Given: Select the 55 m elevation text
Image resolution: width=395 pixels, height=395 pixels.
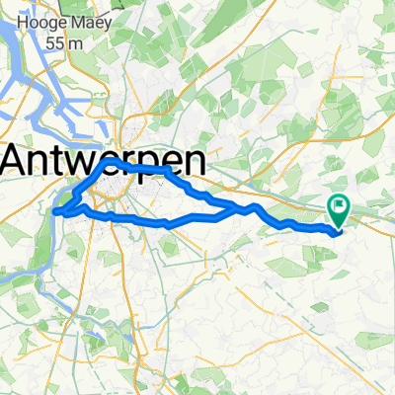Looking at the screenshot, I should [65, 42].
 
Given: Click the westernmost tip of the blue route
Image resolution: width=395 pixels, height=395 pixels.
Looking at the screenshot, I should [54, 210].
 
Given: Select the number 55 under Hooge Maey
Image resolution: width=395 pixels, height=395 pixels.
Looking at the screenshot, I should [57, 42].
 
